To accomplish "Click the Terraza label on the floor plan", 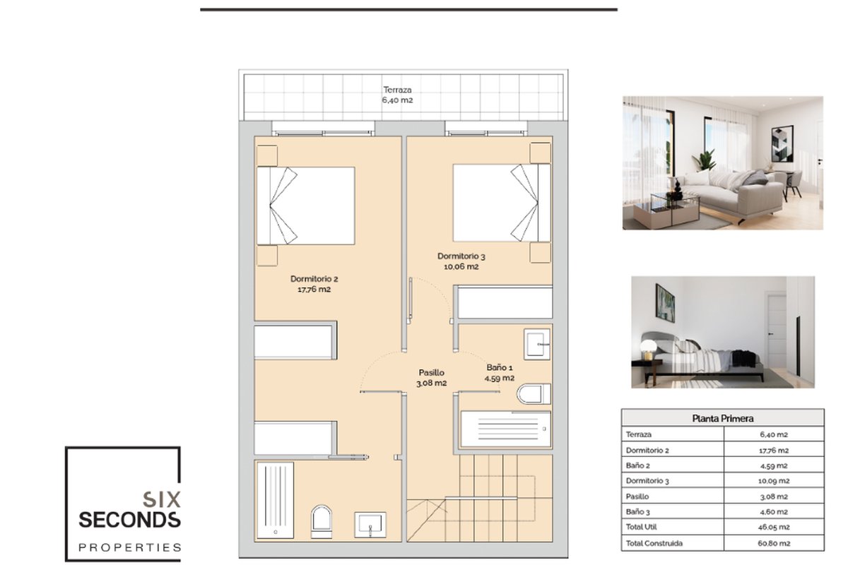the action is (397, 95).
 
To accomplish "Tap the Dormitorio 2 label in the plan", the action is (314, 284).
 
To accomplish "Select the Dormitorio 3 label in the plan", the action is (461, 261).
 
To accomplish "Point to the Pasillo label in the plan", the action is (431, 378).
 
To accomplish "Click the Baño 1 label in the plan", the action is (500, 373).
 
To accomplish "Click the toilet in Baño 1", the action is (534, 394).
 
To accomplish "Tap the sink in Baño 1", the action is (537, 344).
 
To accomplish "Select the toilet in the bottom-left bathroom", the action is (321, 521).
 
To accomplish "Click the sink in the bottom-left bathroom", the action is (370, 525).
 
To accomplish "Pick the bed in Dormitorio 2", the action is (305, 206).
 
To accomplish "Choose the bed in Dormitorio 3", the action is (502, 203).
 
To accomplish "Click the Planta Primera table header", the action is (722, 418).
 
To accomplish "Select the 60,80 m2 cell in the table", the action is (774, 543).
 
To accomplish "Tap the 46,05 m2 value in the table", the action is (774, 527).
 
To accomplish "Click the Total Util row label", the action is (642, 527).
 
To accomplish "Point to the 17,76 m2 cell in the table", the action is (774, 451).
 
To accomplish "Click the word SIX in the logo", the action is (162, 499).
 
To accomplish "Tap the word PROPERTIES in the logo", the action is (129, 547).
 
